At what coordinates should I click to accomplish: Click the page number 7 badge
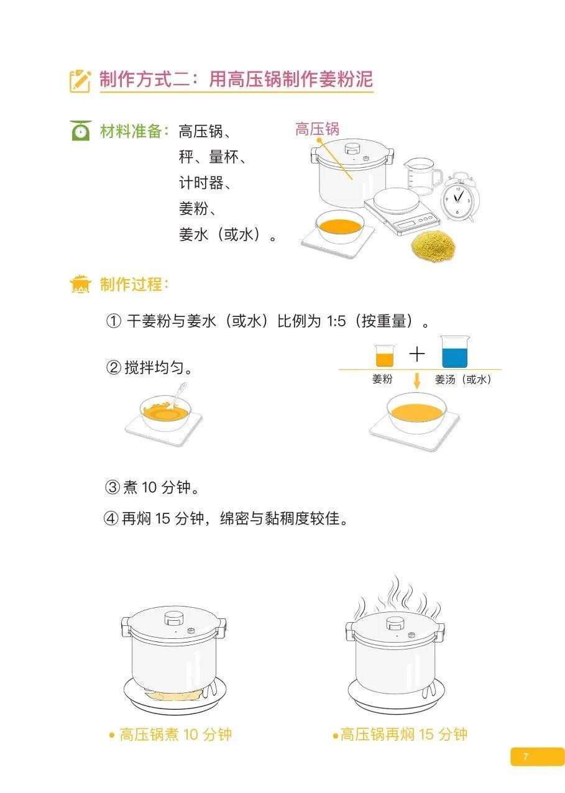537,756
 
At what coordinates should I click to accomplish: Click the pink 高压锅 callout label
317,129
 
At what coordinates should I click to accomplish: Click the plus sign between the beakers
417,354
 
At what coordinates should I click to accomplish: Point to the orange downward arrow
417,381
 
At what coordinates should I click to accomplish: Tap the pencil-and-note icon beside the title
80,81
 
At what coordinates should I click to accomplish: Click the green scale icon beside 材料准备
81,131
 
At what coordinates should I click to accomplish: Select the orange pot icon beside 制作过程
80,285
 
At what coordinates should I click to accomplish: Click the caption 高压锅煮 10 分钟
170,735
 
